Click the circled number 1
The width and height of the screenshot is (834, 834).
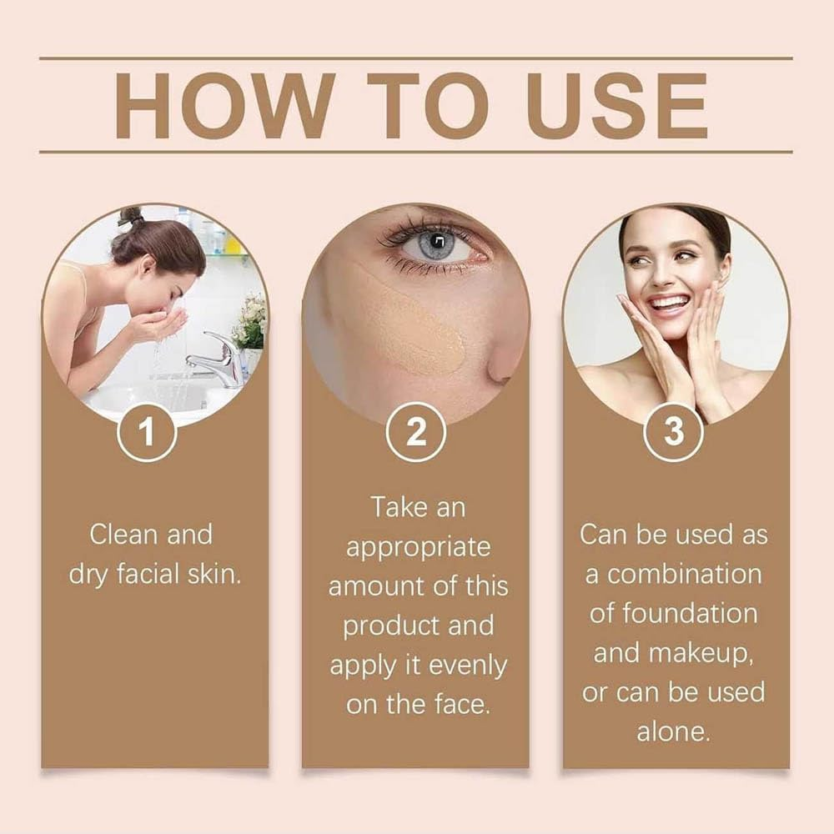pyautogui.click(x=147, y=432)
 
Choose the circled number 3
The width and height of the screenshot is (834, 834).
pyautogui.click(x=674, y=432)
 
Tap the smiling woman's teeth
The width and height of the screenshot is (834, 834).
pyautogui.click(x=670, y=302)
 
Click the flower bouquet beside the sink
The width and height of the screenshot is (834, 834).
pyautogui.click(x=250, y=321)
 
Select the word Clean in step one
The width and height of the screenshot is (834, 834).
pyautogui.click(x=124, y=535)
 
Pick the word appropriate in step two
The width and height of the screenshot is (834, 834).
pyautogui.click(x=418, y=547)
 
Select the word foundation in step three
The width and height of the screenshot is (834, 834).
pyautogui.click(x=674, y=614)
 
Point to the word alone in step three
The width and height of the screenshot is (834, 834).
pyautogui.click(x=674, y=732)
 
